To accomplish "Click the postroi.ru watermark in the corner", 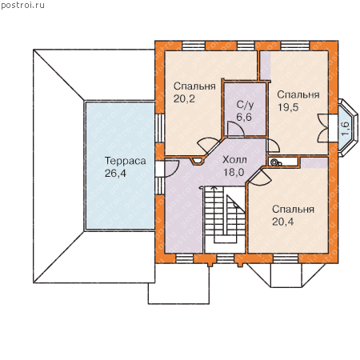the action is tap(22, 6).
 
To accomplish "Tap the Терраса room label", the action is tap(126, 162).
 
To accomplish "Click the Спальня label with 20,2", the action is tap(194, 86).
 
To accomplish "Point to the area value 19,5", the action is tap(288, 107).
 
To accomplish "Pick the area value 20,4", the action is tap(283, 222).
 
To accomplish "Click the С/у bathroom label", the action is tap(245, 105).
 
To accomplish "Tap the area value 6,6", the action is tap(244, 117).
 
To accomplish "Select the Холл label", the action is tap(234, 160).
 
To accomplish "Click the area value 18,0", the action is tap(234, 172).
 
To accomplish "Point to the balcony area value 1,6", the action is tap(345, 129).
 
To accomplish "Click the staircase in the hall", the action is tap(225, 219).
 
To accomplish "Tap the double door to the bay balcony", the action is tap(323, 128).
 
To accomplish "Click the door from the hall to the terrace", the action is tap(171, 169).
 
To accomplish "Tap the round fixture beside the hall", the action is tap(274, 162).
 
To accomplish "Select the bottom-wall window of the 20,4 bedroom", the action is tap(286, 258).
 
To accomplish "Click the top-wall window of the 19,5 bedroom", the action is tap(295, 46).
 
